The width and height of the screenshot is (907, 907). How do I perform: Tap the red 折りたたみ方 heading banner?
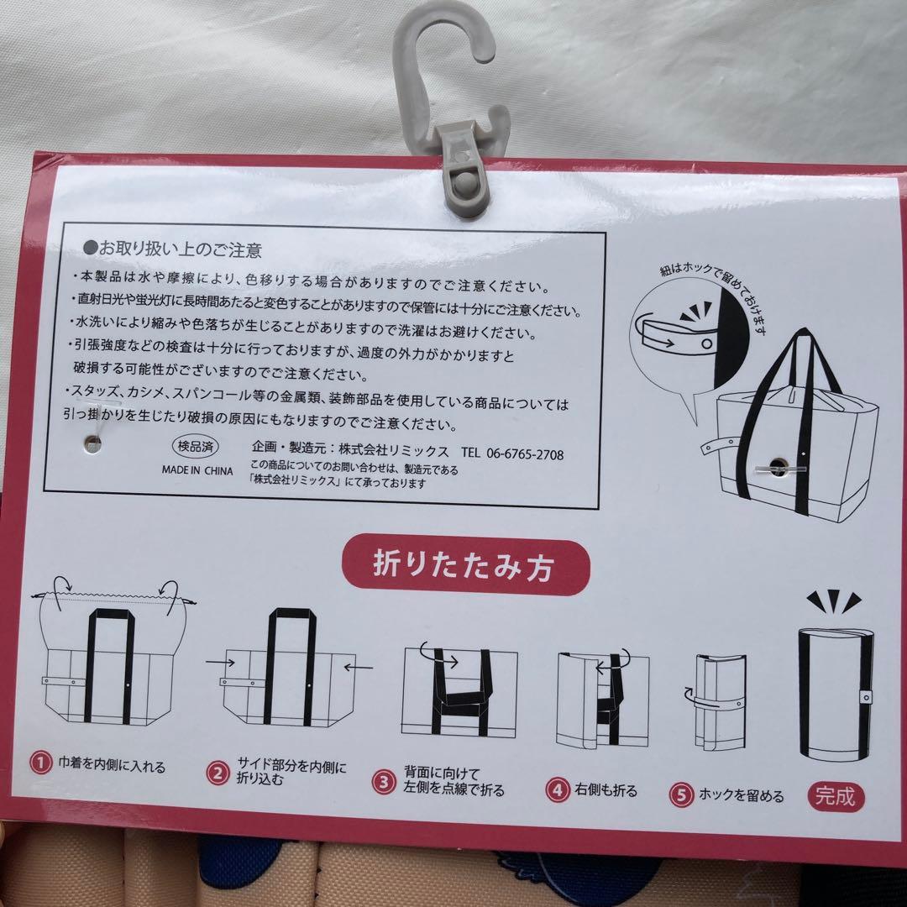tap(465, 565)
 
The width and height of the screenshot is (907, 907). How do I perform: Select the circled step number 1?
tap(40, 763)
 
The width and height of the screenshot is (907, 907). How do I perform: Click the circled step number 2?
tap(218, 773)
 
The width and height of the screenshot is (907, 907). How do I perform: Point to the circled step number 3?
tap(384, 783)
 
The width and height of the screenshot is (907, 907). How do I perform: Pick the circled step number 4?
tap(558, 789)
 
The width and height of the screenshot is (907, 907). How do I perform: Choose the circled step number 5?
tap(681, 794)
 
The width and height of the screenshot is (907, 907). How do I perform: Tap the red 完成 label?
tap(836, 797)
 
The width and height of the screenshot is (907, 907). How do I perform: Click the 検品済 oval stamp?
tap(196, 446)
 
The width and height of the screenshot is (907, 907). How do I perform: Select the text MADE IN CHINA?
tap(197, 471)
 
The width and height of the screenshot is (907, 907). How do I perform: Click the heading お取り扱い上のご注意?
tap(173, 249)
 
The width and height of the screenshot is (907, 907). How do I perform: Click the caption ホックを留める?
tap(741, 795)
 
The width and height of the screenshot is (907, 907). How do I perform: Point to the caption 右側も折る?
tap(606, 790)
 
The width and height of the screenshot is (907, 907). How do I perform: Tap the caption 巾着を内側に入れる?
tap(112, 765)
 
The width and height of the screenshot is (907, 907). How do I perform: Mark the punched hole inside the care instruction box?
tap(92, 443)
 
